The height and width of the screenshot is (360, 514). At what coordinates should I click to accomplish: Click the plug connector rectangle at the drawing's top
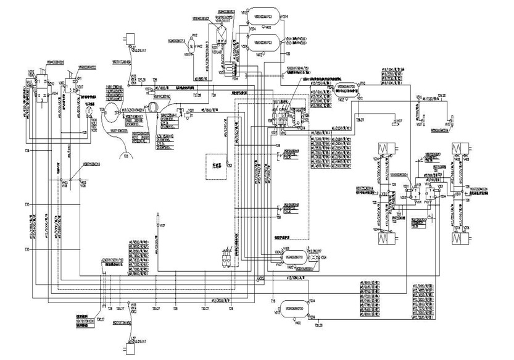[130, 38]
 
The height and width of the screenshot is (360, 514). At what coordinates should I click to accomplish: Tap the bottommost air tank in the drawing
[293, 307]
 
